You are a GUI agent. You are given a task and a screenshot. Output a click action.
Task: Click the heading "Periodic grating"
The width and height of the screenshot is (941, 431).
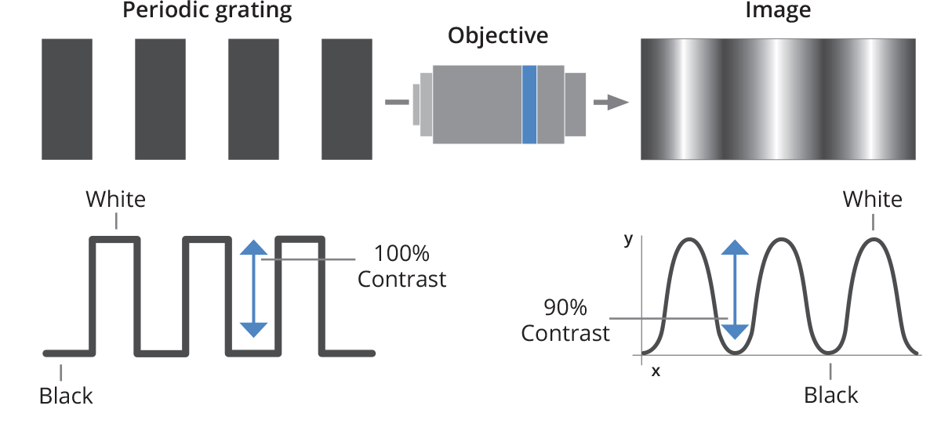(207, 11)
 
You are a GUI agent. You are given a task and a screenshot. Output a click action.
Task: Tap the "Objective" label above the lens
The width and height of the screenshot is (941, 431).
(498, 36)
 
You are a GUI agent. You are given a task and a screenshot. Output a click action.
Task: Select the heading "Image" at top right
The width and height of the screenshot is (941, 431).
(779, 11)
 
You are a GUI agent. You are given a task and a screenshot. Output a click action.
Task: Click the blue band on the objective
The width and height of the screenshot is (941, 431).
(529, 104)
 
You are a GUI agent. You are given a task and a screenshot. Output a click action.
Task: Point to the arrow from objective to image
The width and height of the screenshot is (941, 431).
(611, 103)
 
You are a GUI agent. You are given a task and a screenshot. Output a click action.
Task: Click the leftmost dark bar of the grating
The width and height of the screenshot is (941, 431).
(67, 99)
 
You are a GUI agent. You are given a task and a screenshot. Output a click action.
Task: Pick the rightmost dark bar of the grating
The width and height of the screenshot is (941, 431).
(347, 99)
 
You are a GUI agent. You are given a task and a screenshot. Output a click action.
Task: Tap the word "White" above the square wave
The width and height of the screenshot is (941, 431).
(116, 199)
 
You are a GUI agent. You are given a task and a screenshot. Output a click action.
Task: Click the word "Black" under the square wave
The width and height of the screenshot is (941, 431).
(66, 396)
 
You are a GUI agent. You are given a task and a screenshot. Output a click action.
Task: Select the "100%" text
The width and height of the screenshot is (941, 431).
(401, 254)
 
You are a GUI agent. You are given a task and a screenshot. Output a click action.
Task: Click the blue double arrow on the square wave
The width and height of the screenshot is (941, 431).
(253, 288)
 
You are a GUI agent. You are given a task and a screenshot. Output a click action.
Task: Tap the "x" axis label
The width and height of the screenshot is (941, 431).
(656, 371)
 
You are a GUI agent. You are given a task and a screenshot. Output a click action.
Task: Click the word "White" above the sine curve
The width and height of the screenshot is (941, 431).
(872, 199)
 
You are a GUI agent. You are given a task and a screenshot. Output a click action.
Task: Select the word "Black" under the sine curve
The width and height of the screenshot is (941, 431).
(831, 395)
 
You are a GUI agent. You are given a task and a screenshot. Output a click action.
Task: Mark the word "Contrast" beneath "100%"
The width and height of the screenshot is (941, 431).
(401, 279)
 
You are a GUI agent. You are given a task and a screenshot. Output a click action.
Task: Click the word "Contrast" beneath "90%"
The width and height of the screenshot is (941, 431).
(565, 333)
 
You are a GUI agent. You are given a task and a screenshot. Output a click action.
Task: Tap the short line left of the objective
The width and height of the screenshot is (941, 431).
(396, 102)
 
